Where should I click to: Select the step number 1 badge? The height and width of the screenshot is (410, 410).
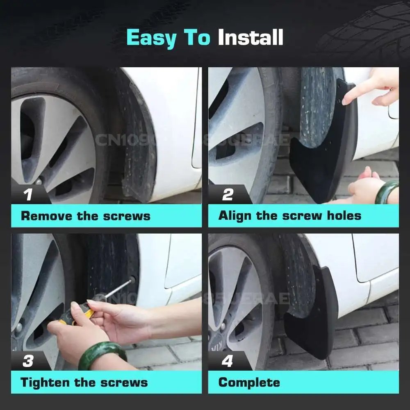(28, 194)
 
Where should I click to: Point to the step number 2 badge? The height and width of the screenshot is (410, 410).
(228, 194)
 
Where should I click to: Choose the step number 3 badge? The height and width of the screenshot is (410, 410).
(28, 361)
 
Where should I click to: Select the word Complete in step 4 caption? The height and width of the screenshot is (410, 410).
(249, 383)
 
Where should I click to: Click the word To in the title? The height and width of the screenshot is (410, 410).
(197, 38)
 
